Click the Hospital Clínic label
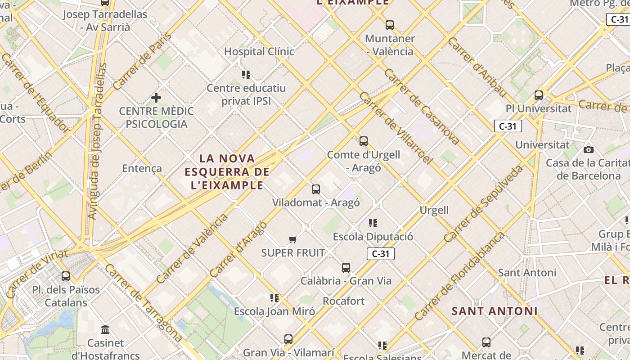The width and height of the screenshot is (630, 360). coord(259,51)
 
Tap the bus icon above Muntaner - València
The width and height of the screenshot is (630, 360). coord(390,25)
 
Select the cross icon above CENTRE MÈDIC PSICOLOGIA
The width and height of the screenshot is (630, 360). coord(156,97)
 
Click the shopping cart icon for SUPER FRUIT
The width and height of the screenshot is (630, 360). coord(293,239)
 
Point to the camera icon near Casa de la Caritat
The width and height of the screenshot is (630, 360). coord(588,149)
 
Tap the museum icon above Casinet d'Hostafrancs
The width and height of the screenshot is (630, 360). coord(106,330)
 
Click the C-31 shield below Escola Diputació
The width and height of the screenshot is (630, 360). coord(380,254)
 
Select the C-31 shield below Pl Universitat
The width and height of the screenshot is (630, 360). coord(508,126)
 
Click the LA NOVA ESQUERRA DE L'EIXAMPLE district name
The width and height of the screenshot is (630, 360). coord(227,171)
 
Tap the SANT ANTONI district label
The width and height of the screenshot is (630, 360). coord(495,311)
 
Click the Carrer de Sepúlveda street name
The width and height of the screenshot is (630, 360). coord(483,204)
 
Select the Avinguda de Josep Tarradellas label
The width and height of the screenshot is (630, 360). coord(98,141)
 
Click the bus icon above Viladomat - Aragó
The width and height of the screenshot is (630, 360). coord(316,189)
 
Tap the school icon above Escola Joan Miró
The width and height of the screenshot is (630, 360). coord(274,297)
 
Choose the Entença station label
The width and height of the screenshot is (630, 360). coord(142,168)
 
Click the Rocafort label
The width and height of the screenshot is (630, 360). coord(343,301)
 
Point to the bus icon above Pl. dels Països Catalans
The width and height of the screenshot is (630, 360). coord(66,276)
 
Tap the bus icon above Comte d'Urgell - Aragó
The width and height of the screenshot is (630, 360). coord(364,141)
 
